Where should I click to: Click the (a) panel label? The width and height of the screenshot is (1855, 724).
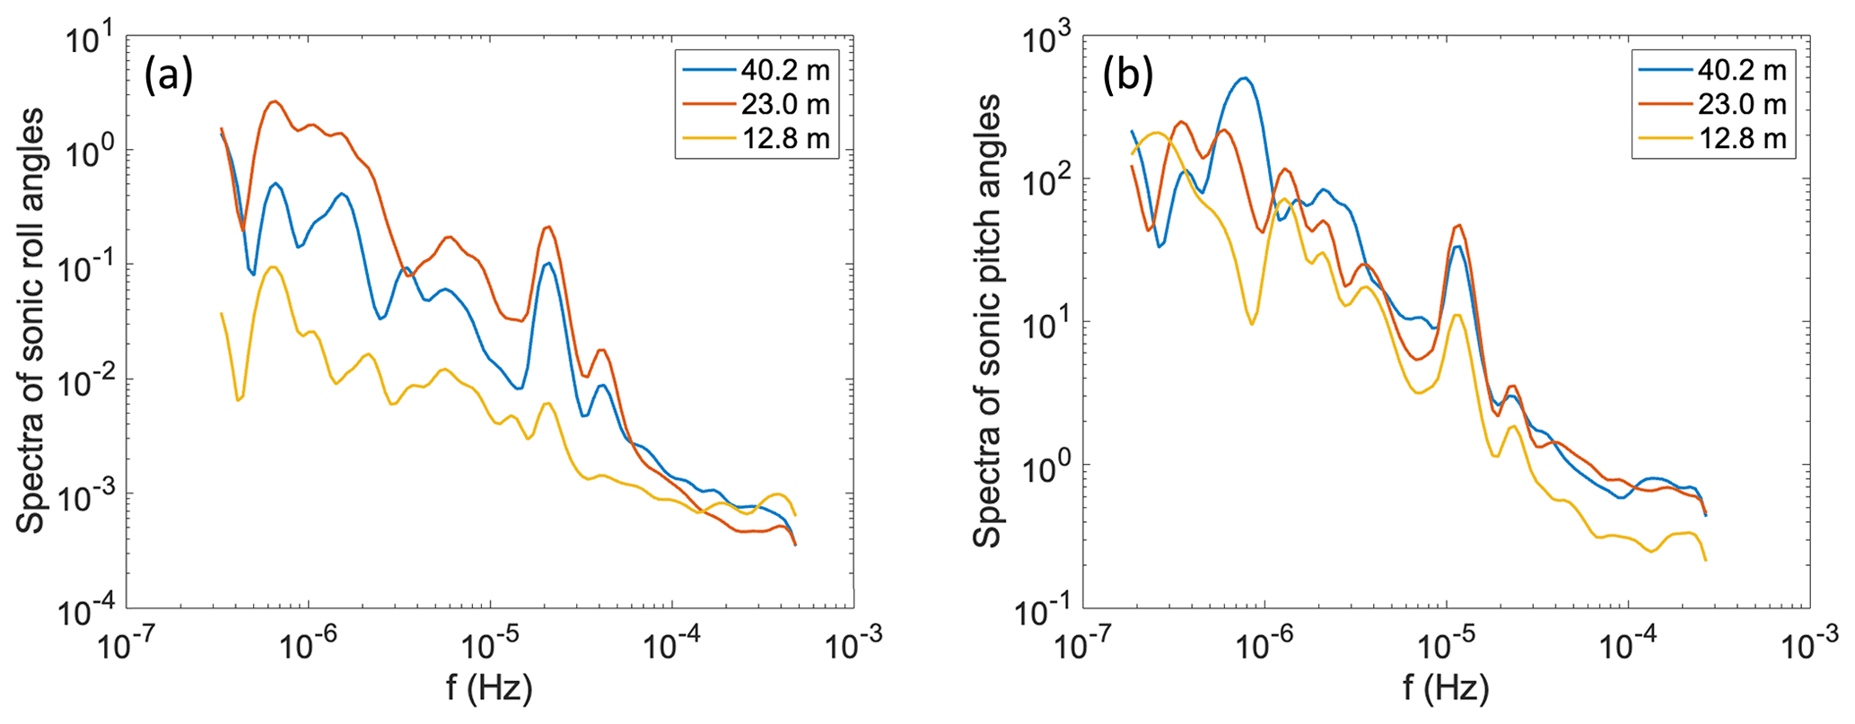[x=169, y=78]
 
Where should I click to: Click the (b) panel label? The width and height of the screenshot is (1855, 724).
[x=1126, y=78]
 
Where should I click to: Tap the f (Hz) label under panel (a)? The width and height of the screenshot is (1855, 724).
[x=489, y=688]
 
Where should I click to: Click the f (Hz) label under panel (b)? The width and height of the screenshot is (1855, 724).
[x=1446, y=688]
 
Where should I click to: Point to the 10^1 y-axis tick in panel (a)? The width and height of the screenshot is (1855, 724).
[x=90, y=40]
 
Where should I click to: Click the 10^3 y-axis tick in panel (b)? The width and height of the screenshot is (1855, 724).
[x=1047, y=40]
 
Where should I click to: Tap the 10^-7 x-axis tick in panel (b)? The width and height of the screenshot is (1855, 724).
[x=1083, y=645]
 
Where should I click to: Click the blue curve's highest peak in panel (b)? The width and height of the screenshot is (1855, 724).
[x=1244, y=78]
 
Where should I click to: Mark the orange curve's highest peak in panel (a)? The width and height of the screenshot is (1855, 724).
[x=275, y=101]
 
